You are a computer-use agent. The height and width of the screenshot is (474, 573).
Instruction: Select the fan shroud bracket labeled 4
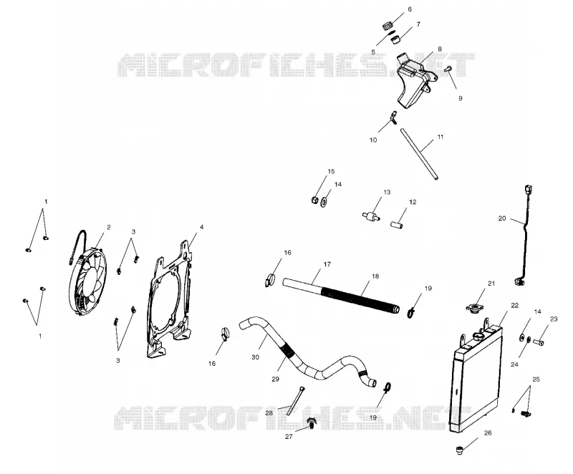tap(169, 299)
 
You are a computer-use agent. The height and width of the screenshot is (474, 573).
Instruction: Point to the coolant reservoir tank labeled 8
tap(416, 79)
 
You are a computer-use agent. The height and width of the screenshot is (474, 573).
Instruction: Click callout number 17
tap(327, 264)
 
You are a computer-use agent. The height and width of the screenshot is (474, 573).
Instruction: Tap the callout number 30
tap(255, 357)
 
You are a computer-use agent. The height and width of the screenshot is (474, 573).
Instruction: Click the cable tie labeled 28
tap(295, 400)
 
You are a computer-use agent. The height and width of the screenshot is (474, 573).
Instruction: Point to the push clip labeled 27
tap(311, 423)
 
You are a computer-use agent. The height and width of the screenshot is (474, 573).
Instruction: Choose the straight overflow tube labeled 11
tap(419, 153)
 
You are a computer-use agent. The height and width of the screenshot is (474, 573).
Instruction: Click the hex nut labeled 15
tap(314, 200)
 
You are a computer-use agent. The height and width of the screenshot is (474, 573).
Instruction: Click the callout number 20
tap(502, 218)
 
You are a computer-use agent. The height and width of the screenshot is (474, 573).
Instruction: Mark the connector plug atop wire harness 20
tap(528, 190)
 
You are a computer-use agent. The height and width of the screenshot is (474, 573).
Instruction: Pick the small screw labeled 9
tap(448, 68)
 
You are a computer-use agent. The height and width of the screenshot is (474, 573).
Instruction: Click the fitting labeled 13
tap(371, 216)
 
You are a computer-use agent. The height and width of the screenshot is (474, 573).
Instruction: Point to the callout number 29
tap(275, 379)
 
